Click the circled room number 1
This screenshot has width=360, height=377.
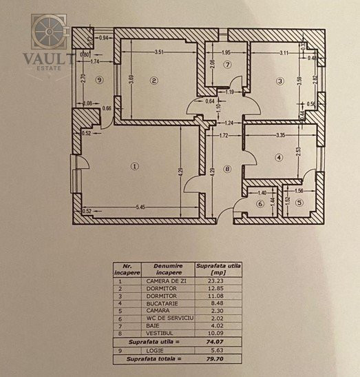(x=135, y=165)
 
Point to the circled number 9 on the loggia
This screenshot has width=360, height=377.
(x=99, y=81)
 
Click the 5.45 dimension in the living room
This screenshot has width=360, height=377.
(x=142, y=206)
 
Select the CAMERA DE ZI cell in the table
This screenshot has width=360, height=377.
(x=167, y=281)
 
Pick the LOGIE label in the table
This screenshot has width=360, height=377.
(x=167, y=349)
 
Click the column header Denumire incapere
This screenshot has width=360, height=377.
(x=167, y=268)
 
